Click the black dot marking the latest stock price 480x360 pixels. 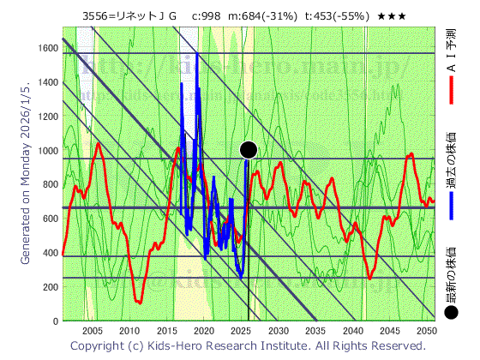pos(249,150)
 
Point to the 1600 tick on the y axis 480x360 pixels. pos(49,48)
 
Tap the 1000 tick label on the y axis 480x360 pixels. pos(46,151)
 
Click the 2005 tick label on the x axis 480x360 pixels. pos(93,331)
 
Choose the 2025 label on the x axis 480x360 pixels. pos(241,331)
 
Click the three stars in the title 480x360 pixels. pos(392,16)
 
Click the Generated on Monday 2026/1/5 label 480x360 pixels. pos(25,171)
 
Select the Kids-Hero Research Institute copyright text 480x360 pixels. pos(248,346)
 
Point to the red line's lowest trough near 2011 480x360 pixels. pos(138,302)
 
